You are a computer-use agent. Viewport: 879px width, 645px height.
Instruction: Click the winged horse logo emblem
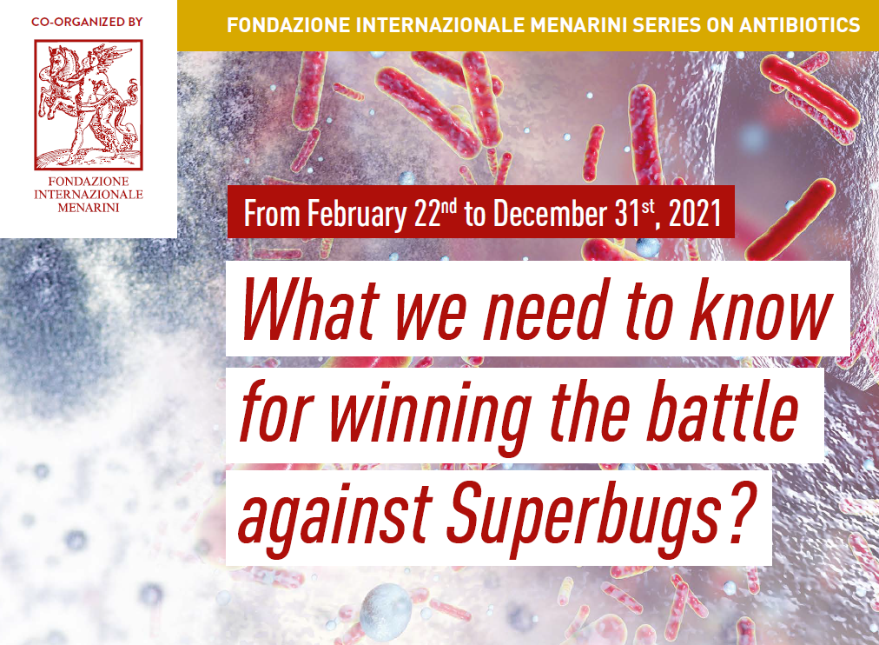tap(89, 105)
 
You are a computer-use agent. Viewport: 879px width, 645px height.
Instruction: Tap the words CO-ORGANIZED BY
tap(87, 22)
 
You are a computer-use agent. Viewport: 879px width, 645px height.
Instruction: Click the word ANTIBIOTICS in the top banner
tap(799, 25)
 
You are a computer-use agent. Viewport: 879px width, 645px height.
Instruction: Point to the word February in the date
tap(357, 214)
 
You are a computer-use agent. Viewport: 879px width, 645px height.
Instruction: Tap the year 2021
tap(695, 214)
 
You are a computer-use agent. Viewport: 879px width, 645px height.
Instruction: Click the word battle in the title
tap(724, 409)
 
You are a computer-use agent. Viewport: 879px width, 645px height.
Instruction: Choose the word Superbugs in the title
tap(584, 515)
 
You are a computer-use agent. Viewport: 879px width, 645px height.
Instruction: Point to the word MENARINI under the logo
tap(89, 208)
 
